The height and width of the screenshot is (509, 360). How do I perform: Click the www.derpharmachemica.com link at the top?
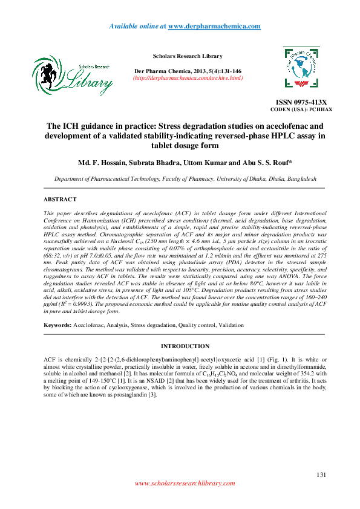pos(214,27)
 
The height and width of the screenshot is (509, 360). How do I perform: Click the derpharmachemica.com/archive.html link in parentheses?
pos(188,78)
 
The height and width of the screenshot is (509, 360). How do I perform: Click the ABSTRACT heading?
pos(61,199)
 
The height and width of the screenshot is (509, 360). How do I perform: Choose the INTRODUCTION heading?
pos(185,346)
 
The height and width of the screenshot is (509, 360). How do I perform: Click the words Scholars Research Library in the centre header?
pos(188,56)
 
